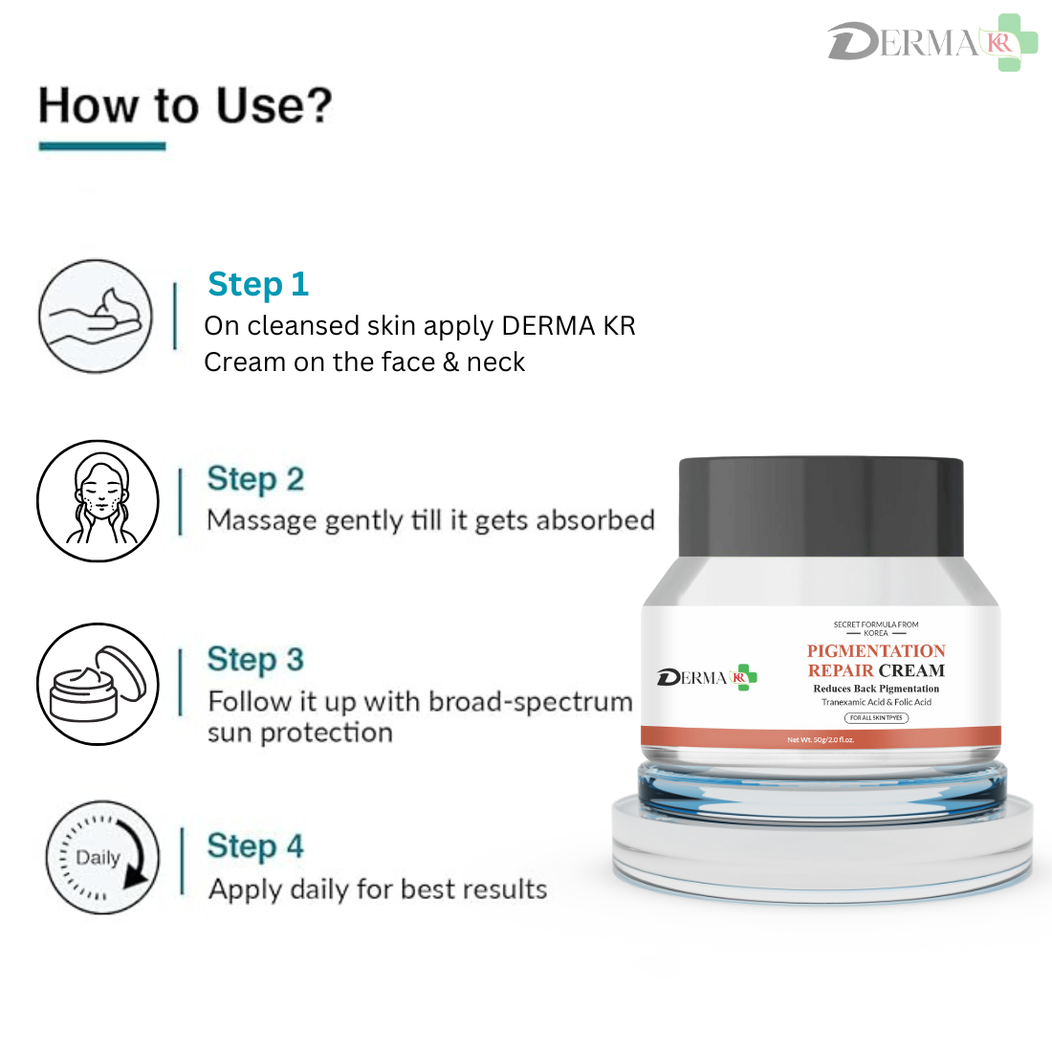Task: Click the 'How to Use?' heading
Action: [185, 106]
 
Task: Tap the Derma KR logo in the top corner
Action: [931, 43]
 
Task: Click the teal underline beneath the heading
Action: [102, 146]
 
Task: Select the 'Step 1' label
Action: [258, 284]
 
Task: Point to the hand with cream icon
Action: [96, 316]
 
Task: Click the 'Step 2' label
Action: [255, 479]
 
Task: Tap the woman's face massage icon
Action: [98, 501]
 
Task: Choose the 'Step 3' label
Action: [255, 659]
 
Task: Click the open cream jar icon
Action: [98, 684]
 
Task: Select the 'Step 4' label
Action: [255, 846]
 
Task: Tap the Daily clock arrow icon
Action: [103, 858]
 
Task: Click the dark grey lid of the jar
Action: [821, 507]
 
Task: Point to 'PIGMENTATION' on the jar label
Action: [876, 651]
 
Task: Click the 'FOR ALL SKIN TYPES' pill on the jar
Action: [876, 717]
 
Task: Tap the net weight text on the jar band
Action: [821, 739]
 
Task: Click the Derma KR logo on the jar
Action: [707, 678]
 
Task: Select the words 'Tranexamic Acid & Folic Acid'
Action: [876, 702]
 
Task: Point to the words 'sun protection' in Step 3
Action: [300, 734]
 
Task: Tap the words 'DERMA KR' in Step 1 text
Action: [568, 326]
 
